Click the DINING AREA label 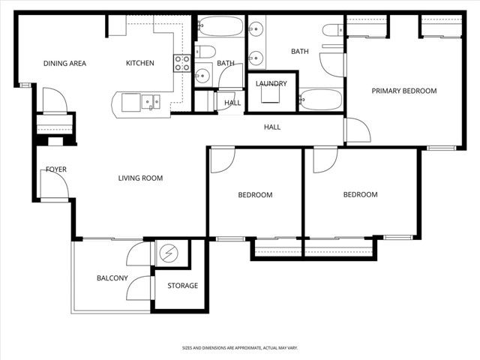(64, 64)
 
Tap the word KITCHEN (139, 64)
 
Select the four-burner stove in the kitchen (181, 64)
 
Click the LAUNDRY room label (271, 83)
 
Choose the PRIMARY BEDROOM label (404, 91)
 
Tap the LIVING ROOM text (140, 178)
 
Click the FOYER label (56, 169)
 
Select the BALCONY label (112, 278)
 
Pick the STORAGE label (182, 286)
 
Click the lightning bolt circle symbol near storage (169, 255)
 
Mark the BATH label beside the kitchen (226, 64)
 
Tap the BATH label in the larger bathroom (299, 52)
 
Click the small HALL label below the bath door (232, 103)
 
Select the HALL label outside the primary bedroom (272, 127)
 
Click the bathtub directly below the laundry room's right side (319, 99)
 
